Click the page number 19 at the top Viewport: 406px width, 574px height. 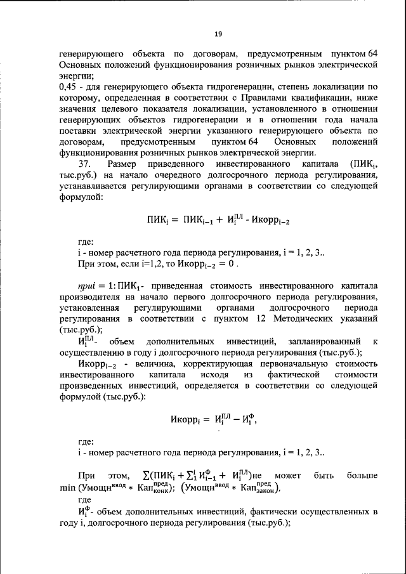(x=217, y=34)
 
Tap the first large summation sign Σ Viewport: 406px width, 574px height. (x=147, y=475)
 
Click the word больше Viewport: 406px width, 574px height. (x=362, y=475)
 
